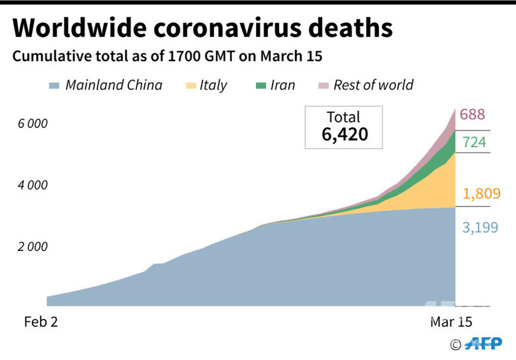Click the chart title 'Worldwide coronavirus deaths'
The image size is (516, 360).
(x=202, y=29)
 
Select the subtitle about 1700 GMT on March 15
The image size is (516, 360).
(x=168, y=56)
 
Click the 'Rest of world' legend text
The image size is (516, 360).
(x=373, y=85)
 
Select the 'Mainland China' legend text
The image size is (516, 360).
(x=113, y=85)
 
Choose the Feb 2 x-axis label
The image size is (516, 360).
(x=41, y=322)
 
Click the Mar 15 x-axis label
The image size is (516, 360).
(x=451, y=322)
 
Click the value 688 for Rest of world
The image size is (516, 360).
(x=472, y=115)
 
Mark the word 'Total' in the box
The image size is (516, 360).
(x=343, y=117)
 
